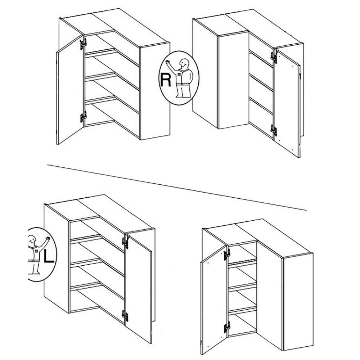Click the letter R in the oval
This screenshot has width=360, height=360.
(166, 80)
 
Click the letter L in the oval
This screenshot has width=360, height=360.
(49, 256)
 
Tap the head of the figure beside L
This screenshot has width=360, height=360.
(32, 240)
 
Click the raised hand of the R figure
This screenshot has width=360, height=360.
(168, 62)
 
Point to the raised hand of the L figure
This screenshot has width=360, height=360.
(48, 238)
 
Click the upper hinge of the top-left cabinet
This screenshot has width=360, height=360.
(83, 44)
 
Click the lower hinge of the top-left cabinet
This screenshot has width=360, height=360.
(83, 117)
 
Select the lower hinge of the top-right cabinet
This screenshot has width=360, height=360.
(274, 130)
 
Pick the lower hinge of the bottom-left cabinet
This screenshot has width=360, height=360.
(125, 316)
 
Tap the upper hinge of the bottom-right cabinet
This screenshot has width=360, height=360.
(227, 254)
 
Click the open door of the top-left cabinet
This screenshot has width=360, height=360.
(70, 90)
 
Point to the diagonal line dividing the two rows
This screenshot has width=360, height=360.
(177, 187)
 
